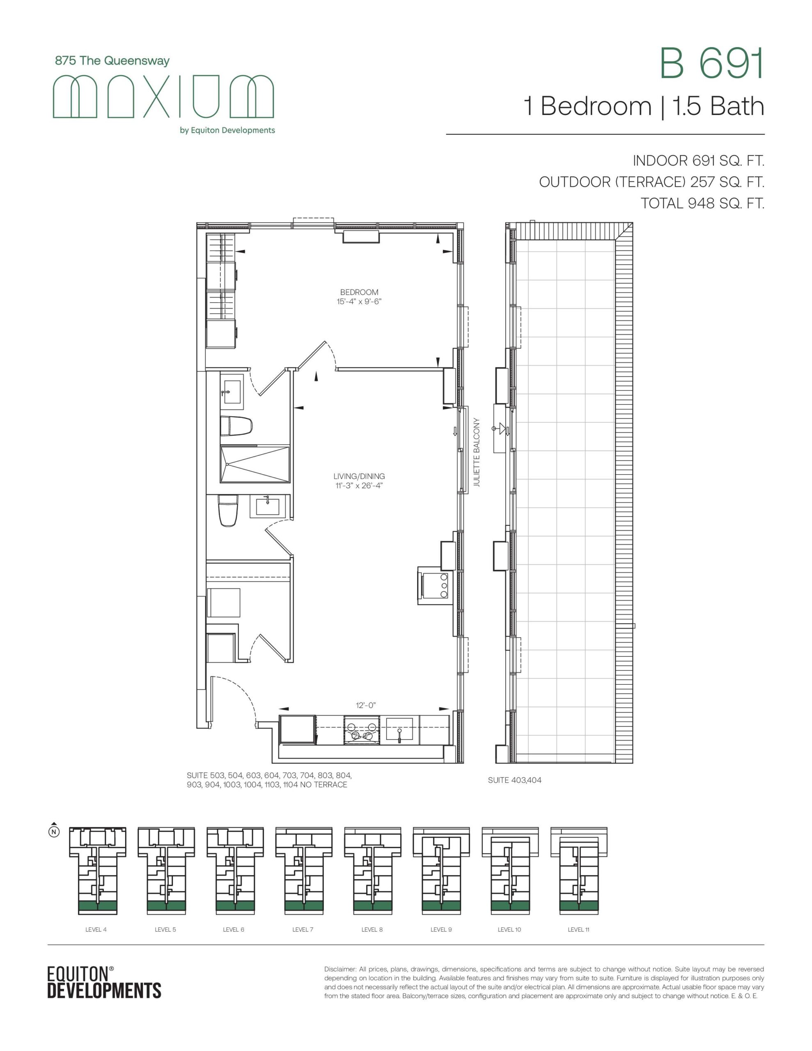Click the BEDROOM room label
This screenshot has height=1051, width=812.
359,292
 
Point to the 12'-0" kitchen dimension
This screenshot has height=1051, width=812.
366,705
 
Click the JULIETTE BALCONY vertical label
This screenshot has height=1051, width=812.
477,452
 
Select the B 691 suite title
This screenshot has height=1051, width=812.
711,63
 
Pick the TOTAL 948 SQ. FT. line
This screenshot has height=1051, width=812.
702,203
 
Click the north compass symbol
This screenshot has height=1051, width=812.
54,831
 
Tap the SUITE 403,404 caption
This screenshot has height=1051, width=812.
514,780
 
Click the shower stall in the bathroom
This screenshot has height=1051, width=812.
255,464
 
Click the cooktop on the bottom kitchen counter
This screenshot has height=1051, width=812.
362,730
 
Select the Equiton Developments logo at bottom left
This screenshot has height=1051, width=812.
104,982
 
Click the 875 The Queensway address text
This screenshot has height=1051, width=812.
112,61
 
